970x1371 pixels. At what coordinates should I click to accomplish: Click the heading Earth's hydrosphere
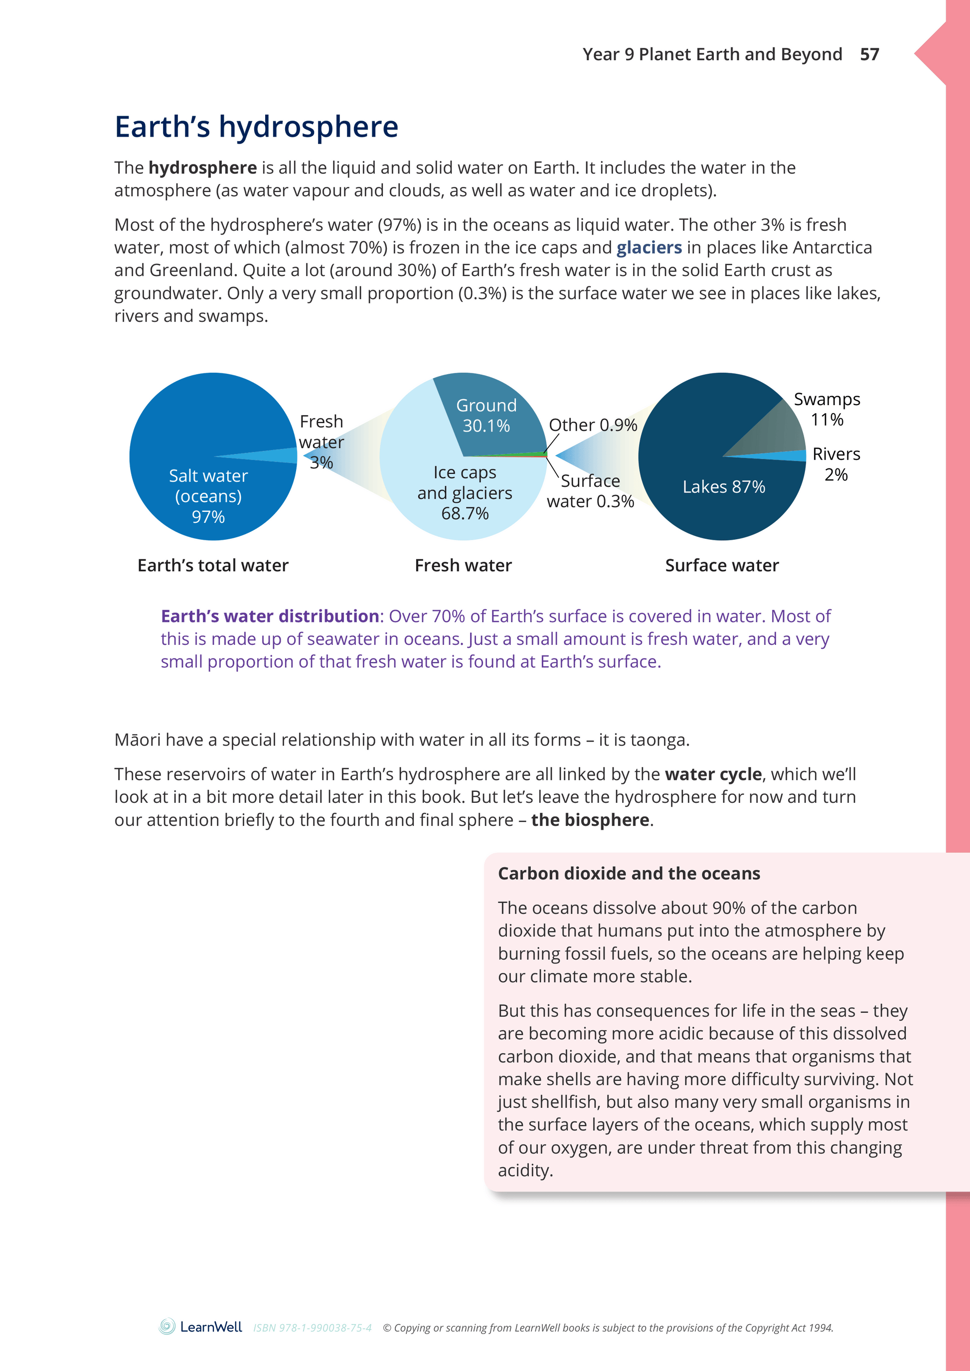point(256,127)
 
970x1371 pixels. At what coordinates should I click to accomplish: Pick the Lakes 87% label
point(723,487)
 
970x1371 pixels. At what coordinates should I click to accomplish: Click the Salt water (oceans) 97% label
point(208,495)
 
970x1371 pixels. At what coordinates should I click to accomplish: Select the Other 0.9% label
point(593,425)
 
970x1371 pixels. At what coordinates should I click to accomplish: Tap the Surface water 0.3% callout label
point(590,491)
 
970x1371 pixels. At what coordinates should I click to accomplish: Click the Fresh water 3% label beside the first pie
point(322,442)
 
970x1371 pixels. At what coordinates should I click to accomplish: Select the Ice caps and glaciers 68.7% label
point(465,492)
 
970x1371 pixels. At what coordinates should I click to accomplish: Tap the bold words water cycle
point(713,774)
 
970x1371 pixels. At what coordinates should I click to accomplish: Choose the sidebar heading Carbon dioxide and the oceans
point(629,874)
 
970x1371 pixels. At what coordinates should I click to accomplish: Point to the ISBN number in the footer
point(313,1328)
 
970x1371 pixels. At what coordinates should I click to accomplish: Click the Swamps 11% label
point(826,409)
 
